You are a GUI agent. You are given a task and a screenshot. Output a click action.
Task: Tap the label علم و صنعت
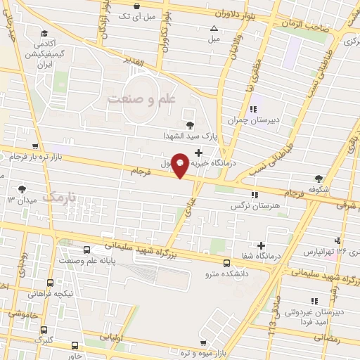click(141, 99)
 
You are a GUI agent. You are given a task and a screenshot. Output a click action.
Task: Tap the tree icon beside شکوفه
click(319, 179)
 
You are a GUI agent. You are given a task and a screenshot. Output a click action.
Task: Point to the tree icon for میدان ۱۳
click(22, 188)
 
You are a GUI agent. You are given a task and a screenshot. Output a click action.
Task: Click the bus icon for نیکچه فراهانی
click(49, 283)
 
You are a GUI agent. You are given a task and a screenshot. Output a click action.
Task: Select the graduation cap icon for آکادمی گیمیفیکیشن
click(45, 34)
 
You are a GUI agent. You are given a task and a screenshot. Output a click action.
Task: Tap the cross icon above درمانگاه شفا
click(261, 245)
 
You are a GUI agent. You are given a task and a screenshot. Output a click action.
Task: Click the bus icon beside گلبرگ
click(44, 329)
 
